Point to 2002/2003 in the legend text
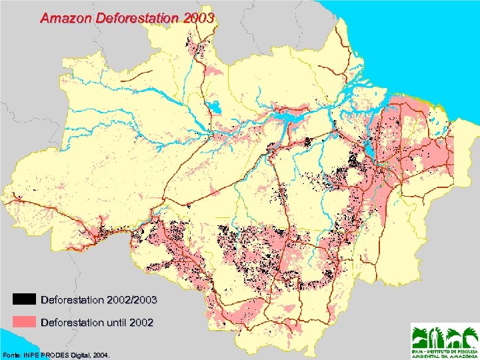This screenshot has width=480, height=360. coord(133,299)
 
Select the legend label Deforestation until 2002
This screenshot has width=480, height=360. coord(97,323)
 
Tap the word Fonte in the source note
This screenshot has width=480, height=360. coord(13,353)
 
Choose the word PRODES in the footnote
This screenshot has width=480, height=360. coord(58,353)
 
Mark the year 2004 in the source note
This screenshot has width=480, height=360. coord(101,353)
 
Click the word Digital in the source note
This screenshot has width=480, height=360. coord(82,353)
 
